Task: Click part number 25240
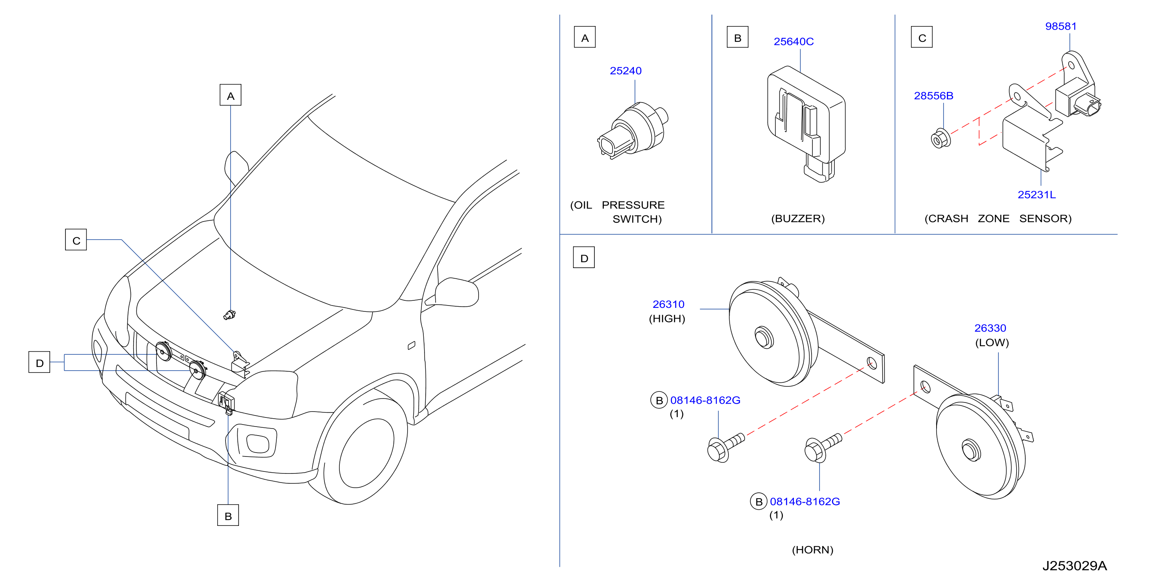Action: pos(626,71)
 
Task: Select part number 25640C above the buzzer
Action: pos(793,41)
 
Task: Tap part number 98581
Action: pos(1061,26)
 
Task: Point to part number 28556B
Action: pos(933,96)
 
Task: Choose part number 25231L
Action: pos(1037,195)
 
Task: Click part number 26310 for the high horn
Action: pos(669,304)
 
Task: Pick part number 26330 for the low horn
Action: pos(990,328)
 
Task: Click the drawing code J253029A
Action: pos(1075,566)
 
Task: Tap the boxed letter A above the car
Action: pos(231,95)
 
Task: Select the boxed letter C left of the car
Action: pos(76,240)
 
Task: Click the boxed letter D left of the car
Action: pos(39,362)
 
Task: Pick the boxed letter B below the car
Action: pos(228,515)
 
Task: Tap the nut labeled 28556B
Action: pos(941,138)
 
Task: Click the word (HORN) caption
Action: pos(812,550)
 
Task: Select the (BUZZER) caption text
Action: pos(798,218)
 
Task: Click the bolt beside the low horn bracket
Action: pos(823,448)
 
